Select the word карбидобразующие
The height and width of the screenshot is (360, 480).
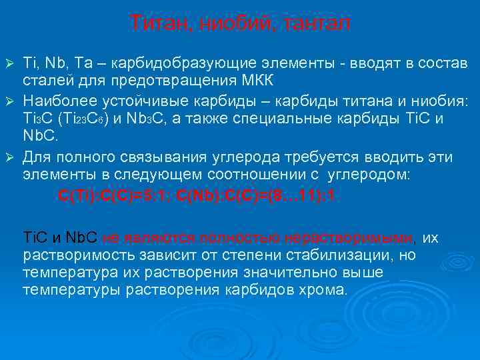tap(169, 63)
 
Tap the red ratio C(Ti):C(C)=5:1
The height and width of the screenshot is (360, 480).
tap(117, 196)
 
